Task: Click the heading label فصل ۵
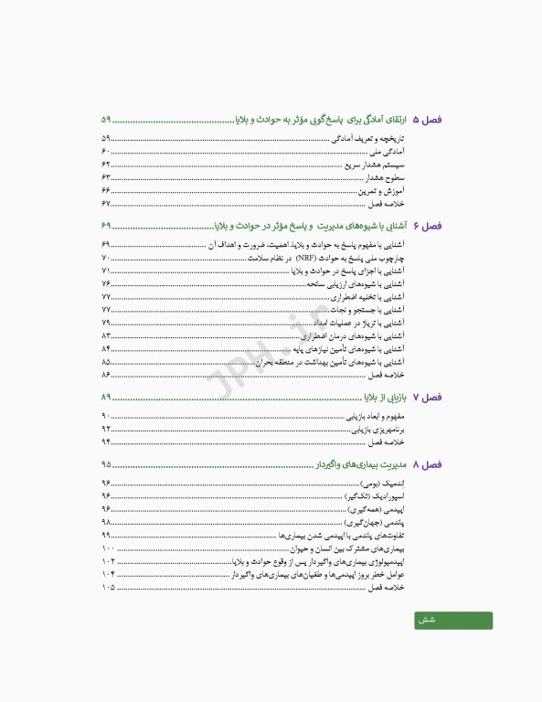pos(427,121)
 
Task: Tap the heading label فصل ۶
pos(427,226)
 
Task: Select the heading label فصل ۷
pos(427,398)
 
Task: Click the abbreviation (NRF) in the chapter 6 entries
pos(304,260)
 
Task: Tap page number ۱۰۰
pos(109,548)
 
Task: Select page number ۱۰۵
pos(109,587)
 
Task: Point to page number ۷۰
pos(106,260)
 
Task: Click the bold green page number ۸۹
pos(107,398)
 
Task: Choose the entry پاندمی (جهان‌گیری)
pos(380,521)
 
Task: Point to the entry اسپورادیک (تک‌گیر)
pos(377,495)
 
